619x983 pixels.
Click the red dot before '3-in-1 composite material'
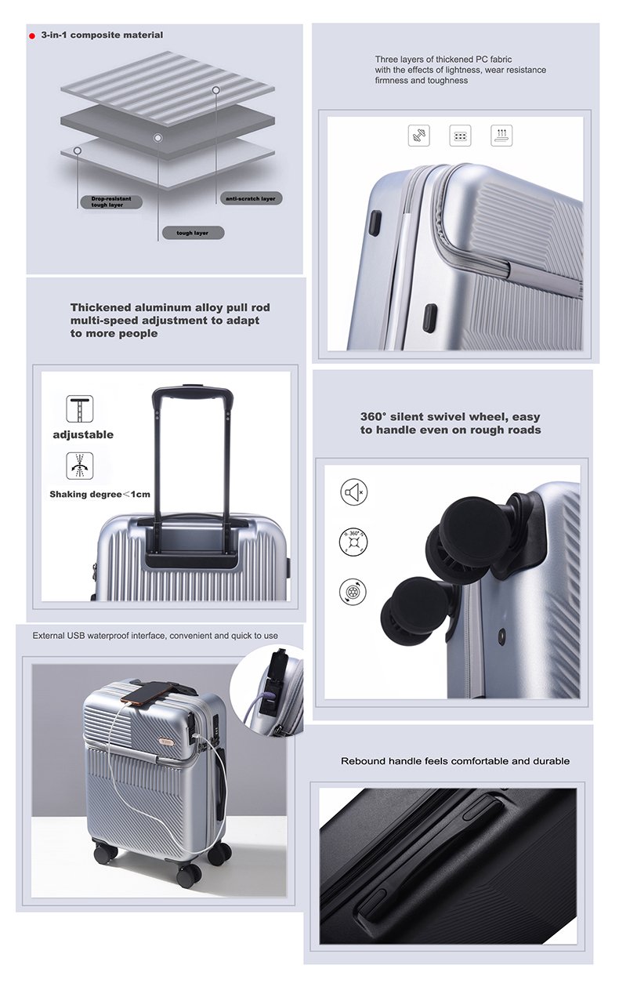(x=32, y=36)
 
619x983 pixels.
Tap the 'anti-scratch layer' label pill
(x=251, y=198)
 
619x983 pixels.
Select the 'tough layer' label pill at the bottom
(x=193, y=233)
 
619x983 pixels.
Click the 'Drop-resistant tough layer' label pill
(x=111, y=202)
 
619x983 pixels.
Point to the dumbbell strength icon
(x=419, y=135)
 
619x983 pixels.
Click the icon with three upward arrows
(x=501, y=135)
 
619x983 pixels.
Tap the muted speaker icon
(x=353, y=492)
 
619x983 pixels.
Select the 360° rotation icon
(x=353, y=541)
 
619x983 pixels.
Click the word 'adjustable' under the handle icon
(x=83, y=434)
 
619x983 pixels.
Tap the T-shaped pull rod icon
(x=80, y=408)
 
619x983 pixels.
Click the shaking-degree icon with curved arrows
(x=80, y=465)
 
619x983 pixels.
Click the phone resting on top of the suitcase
(x=146, y=693)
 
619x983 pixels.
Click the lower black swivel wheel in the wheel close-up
(x=411, y=604)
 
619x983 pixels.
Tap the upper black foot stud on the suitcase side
(x=375, y=222)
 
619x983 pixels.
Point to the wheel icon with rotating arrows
(x=353, y=592)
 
